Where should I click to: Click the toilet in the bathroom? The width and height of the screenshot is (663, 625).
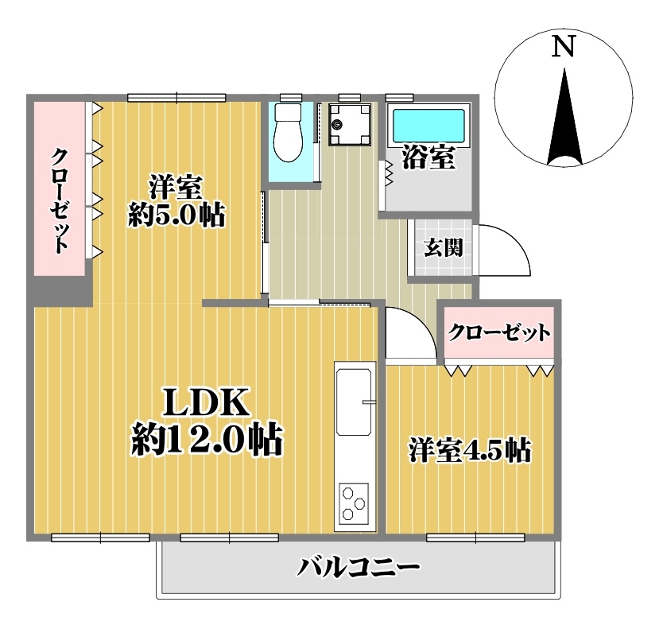point(288,132)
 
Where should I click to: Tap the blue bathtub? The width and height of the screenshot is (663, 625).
point(428,126)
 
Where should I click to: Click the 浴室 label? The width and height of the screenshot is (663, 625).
point(428,157)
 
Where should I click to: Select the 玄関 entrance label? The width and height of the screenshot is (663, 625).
point(443,247)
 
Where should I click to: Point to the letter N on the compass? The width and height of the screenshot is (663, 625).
point(564,46)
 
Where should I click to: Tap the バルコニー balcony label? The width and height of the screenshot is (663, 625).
point(359,567)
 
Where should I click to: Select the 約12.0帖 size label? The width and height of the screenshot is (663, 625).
point(207,441)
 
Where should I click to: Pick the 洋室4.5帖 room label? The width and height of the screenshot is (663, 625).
point(470,451)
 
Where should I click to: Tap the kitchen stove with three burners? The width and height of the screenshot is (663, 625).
point(354,502)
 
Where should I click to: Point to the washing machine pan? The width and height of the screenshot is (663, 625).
point(350,124)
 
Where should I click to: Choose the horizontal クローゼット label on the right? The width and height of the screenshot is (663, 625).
point(499,333)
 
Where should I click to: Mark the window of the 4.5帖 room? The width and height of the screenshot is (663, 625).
point(475,538)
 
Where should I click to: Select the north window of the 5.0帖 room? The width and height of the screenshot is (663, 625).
point(176,98)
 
